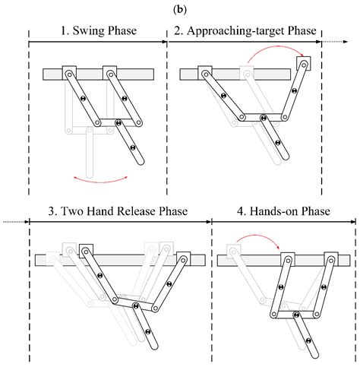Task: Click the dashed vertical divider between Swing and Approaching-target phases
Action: coord(167,114)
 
